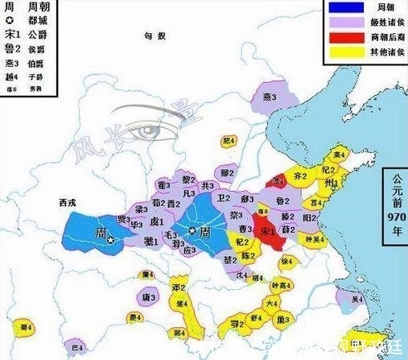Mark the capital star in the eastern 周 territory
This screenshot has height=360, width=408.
tap(192, 231)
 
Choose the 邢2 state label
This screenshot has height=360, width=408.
tap(227, 173)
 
